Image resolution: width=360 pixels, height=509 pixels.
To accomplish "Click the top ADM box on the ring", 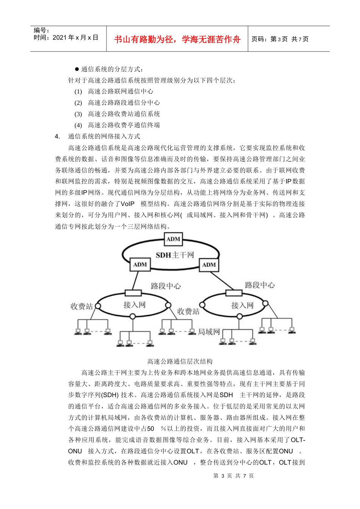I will coord(173,239).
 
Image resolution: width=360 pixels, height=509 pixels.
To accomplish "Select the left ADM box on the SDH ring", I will coord(140,264).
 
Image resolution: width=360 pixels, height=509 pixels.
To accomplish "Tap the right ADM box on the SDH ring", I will coord(209,265).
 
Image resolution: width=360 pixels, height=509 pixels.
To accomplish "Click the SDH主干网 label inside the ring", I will coord(175,255).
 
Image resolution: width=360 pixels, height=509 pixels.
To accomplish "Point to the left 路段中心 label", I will coord(166,286).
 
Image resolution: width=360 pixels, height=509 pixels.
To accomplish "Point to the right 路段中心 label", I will coord(260,285).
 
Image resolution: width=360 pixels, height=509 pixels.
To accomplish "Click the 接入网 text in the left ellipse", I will coord(134,304).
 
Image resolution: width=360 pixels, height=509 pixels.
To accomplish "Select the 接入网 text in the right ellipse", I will coord(242,305).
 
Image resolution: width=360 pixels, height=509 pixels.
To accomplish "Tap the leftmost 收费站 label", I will coord(81,306).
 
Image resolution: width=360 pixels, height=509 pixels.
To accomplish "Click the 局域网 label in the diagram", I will coord(209,332).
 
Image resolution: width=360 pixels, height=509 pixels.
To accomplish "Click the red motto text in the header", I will coord(177,39).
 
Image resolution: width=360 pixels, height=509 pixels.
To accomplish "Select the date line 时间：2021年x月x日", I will coord(66,37).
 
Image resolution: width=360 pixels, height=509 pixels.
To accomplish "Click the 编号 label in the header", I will coord(41,30).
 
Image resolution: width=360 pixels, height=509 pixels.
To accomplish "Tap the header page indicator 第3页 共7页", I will coord(280,39).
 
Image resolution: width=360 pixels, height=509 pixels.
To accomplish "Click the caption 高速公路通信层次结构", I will coord(180,361).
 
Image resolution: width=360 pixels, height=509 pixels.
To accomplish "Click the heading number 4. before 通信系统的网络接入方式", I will coord(57,136).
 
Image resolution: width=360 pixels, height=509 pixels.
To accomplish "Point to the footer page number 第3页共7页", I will coord(233,476).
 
